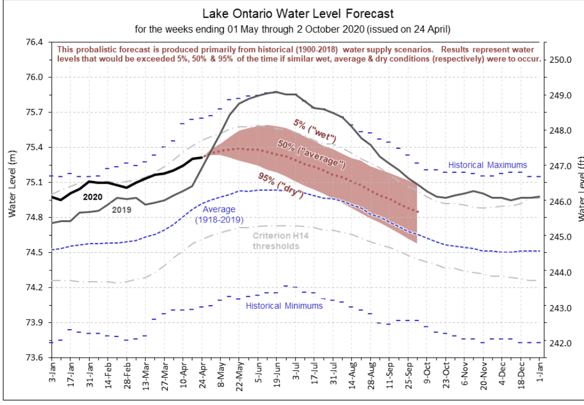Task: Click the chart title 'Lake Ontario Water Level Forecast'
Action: pos(297,14)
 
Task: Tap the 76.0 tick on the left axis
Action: pos(34,77)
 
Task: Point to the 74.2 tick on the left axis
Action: pos(34,287)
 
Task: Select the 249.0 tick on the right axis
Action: pos(561,95)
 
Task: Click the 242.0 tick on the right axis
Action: pos(561,343)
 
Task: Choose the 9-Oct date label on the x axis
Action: pos(427,372)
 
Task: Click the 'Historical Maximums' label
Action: pos(488,165)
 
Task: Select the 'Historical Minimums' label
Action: pos(284,306)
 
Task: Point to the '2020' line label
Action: pos(92,197)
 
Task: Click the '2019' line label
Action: pos(122,209)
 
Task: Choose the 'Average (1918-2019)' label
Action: pos(219,214)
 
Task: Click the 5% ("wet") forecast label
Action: pos(315,130)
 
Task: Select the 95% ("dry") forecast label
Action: pos(280,185)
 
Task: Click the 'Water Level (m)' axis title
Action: pos(13,184)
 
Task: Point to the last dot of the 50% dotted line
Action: pos(418,212)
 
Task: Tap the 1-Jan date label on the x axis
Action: pos(539,372)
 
